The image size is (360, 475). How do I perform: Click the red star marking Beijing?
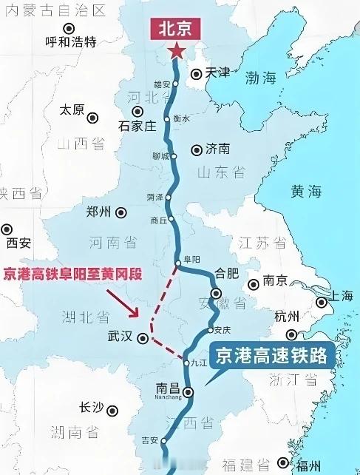pos(177,51)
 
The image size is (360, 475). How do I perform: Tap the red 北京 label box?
pos(177,29)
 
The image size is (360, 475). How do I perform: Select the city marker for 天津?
pos(195,73)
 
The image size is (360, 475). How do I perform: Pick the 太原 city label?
pos(72,110)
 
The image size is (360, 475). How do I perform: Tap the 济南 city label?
pos(217,149)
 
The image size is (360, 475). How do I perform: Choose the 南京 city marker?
pos(252,283)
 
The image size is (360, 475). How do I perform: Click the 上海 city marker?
pos(322,302)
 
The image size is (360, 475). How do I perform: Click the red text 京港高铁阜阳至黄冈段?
pos(72,274)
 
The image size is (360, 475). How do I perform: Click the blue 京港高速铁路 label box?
pos(271,357)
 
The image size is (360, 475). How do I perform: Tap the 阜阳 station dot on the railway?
pos(178,263)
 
